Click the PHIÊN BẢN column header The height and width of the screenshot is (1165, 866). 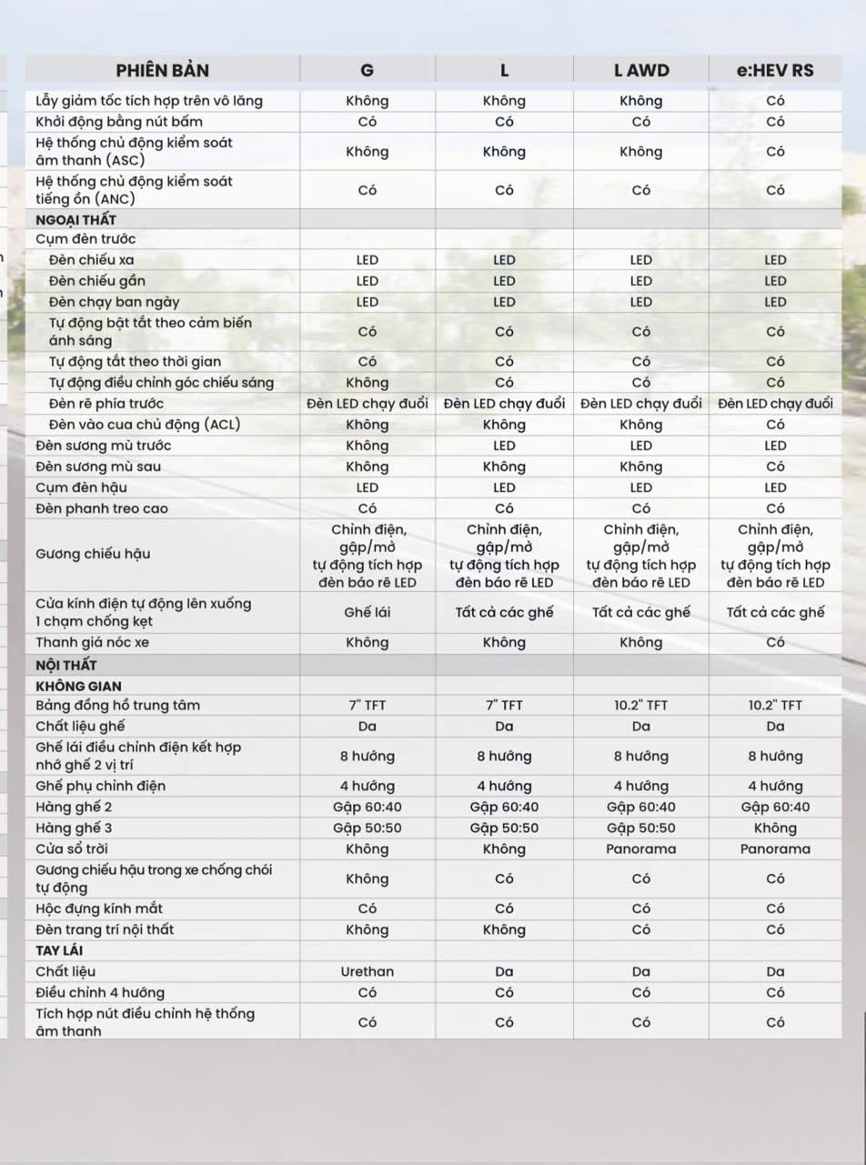point(163,70)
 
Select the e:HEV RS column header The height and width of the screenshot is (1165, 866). point(775,70)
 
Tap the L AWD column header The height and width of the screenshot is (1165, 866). point(640,70)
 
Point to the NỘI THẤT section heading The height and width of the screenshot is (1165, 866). point(66,665)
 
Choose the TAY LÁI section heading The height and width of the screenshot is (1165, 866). point(60,950)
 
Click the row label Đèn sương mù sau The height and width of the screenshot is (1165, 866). point(103,467)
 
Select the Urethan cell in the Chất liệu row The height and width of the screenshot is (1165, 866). point(368,971)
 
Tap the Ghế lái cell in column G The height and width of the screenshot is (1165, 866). point(368,612)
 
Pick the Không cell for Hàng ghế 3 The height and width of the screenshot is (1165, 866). point(775,828)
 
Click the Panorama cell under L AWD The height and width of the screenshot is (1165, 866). point(640,849)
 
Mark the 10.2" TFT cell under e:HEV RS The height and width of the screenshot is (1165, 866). point(775,705)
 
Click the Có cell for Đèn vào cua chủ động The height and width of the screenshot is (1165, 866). point(775,425)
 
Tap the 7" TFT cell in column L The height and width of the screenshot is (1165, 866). point(504,705)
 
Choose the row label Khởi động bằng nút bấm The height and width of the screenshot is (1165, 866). point(119,122)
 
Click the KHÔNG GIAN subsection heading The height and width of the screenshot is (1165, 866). point(78,686)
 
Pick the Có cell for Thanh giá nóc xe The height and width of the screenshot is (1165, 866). point(775,642)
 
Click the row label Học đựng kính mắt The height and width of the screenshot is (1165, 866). point(99,909)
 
